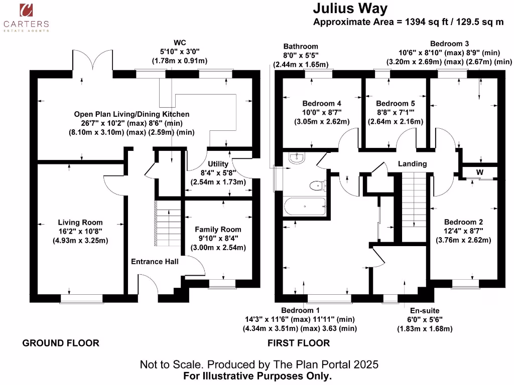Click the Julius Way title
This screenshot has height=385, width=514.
tap(350, 9)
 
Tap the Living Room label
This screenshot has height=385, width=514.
tap(80, 223)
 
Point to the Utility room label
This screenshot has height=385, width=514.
tap(218, 164)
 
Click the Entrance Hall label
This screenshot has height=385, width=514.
tap(155, 261)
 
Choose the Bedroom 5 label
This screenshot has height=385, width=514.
tap(396, 103)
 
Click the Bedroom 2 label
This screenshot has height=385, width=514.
tap(463, 222)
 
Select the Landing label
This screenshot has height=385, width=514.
tap(412, 164)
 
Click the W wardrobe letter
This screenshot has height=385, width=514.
tap(480, 172)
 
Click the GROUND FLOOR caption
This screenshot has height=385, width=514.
tap(61, 343)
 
